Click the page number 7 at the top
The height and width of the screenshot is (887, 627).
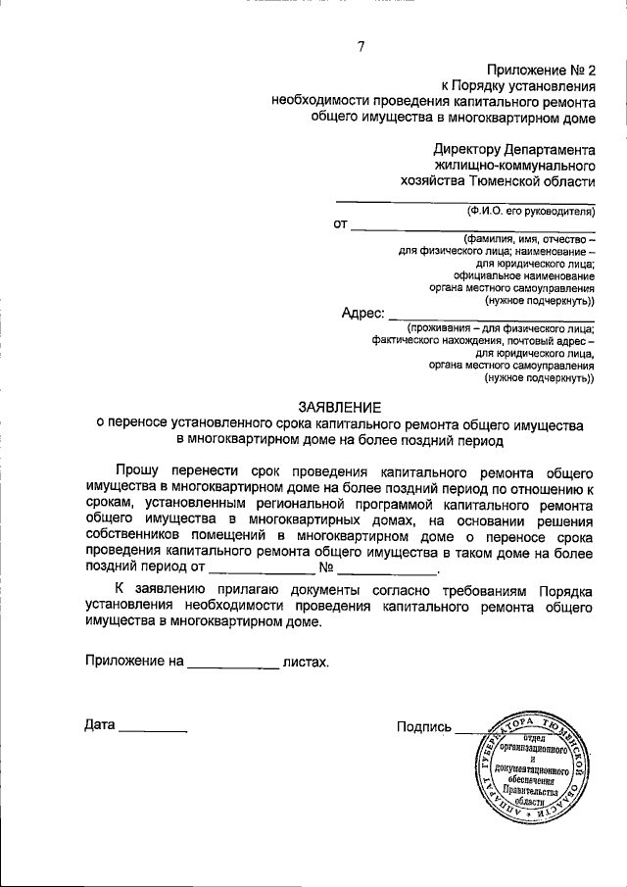pos(361,47)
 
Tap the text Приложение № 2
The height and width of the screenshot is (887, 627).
pos(541,70)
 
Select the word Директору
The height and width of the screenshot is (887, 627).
pos(467,150)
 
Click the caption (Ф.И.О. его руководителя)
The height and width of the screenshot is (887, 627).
pos(530,211)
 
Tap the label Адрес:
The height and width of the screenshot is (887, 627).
pos(362,313)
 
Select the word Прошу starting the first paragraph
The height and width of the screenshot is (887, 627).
pos(141,472)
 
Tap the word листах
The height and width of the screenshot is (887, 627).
pos(306,662)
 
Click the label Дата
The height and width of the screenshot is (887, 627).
pos(100,726)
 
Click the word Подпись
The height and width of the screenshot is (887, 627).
pos(424,726)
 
